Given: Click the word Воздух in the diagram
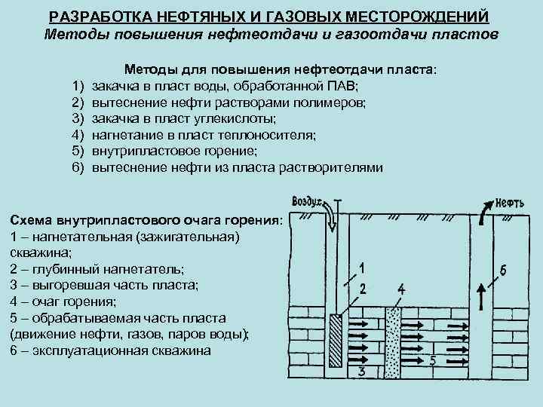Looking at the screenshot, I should click(x=306, y=201).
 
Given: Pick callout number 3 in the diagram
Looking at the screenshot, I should click(x=362, y=372).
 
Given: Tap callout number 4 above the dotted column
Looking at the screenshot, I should click(x=400, y=289).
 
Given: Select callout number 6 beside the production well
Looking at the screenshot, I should click(x=503, y=269).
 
